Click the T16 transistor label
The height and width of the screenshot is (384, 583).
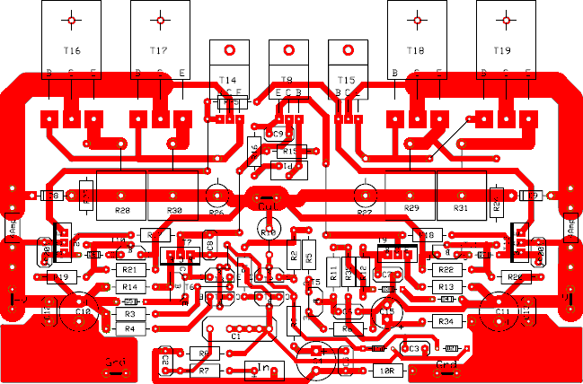72,50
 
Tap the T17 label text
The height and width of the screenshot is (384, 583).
159,50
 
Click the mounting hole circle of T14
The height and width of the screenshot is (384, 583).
229,51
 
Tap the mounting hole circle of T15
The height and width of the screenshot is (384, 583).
347,51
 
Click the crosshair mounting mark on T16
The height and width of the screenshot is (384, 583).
72,19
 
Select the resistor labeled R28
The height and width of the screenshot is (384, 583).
122,211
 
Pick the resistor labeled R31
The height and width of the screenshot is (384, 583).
461,208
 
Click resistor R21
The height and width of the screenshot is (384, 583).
129,269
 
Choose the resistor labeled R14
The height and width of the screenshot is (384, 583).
129,286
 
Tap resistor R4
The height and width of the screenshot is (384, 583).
129,329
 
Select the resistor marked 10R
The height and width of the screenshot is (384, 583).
386,369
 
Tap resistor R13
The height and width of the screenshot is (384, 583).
446,286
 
